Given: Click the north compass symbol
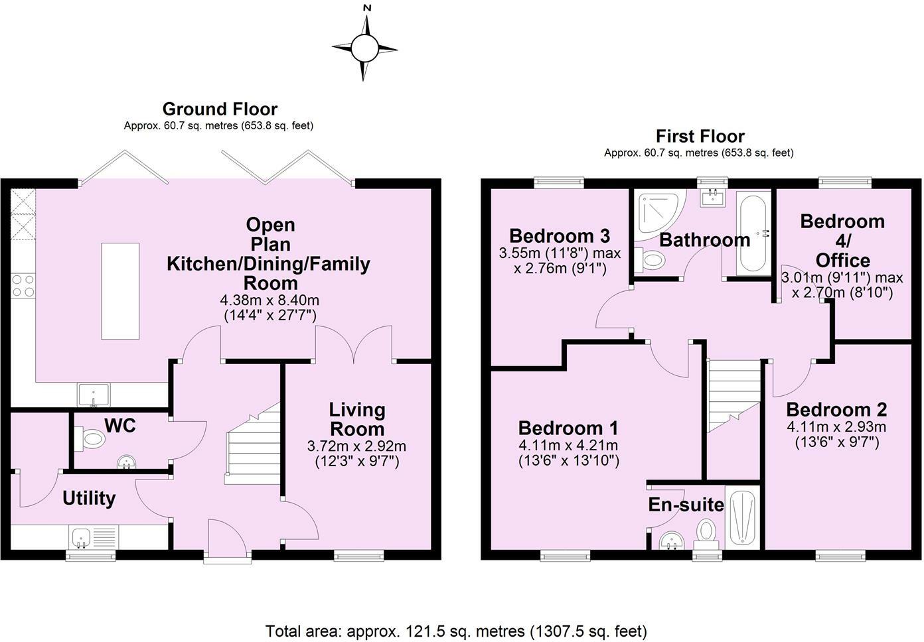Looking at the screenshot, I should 364,48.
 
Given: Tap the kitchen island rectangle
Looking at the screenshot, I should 120,290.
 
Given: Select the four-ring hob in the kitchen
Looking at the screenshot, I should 23,286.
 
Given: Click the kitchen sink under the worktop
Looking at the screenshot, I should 94,395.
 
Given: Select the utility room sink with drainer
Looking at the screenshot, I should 94,536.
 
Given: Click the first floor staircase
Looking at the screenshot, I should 733,394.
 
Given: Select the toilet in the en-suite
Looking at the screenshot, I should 706,533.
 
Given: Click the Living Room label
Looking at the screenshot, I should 357,419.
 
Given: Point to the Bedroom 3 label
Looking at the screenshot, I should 559,236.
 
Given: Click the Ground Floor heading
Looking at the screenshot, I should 220,109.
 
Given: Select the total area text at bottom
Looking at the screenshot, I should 456,630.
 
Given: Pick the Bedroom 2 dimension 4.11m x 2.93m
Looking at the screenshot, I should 836,426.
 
